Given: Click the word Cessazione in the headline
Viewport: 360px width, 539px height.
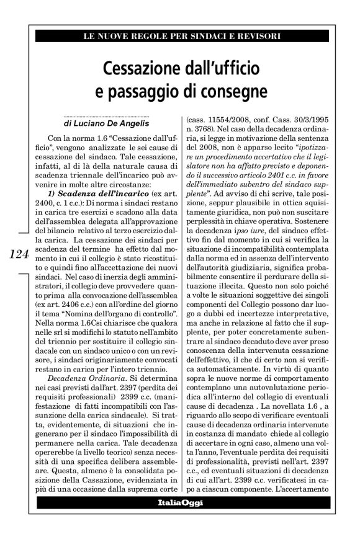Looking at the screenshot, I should [137, 66].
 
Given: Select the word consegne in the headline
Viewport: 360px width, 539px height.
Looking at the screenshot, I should [235, 91].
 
